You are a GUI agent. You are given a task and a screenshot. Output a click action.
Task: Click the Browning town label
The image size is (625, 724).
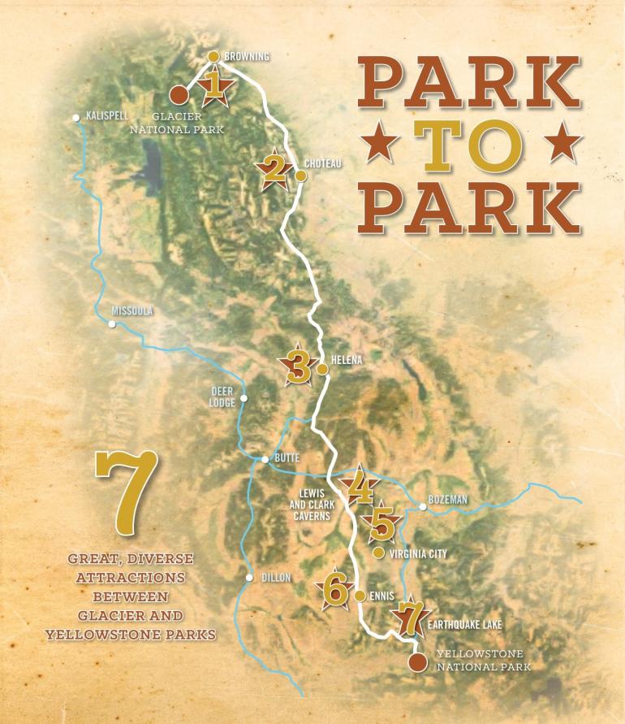tap(246, 56)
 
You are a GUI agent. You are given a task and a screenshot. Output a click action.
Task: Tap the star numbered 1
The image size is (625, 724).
tap(214, 85)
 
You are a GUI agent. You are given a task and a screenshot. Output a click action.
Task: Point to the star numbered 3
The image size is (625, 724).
tap(297, 367)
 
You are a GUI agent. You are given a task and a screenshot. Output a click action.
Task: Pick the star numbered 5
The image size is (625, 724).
tap(381, 524)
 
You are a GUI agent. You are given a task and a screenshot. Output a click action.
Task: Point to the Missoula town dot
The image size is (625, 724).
tap(113, 323)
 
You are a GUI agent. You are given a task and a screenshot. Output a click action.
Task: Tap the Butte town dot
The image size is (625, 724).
tap(265, 460)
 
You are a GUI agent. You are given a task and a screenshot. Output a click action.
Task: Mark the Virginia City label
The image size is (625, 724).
tap(418, 553)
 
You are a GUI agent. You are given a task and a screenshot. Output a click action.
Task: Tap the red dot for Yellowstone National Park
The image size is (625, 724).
tap(417, 662)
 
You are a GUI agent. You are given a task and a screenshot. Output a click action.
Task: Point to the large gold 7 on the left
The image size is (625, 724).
tap(127, 496)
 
